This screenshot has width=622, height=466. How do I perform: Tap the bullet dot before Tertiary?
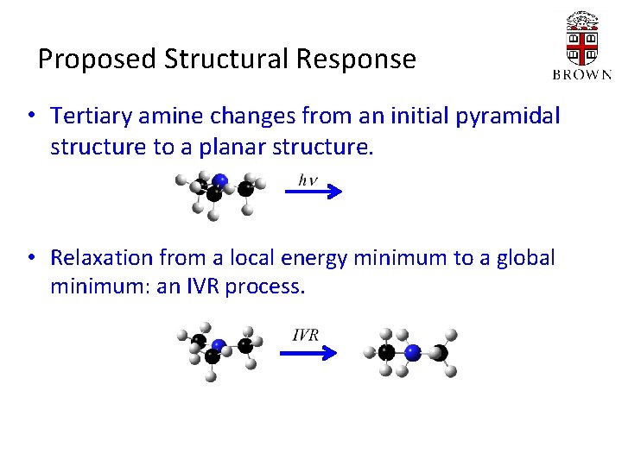point(31,115)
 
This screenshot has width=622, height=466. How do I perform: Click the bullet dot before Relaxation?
point(31,257)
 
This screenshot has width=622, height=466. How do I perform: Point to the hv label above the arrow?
point(308,180)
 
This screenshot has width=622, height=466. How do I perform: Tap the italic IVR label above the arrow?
point(305,334)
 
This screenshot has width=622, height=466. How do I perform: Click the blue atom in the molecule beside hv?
point(221,180)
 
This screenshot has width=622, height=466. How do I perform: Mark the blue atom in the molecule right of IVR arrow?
point(412,352)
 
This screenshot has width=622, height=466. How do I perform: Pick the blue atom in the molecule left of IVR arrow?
point(218,345)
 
